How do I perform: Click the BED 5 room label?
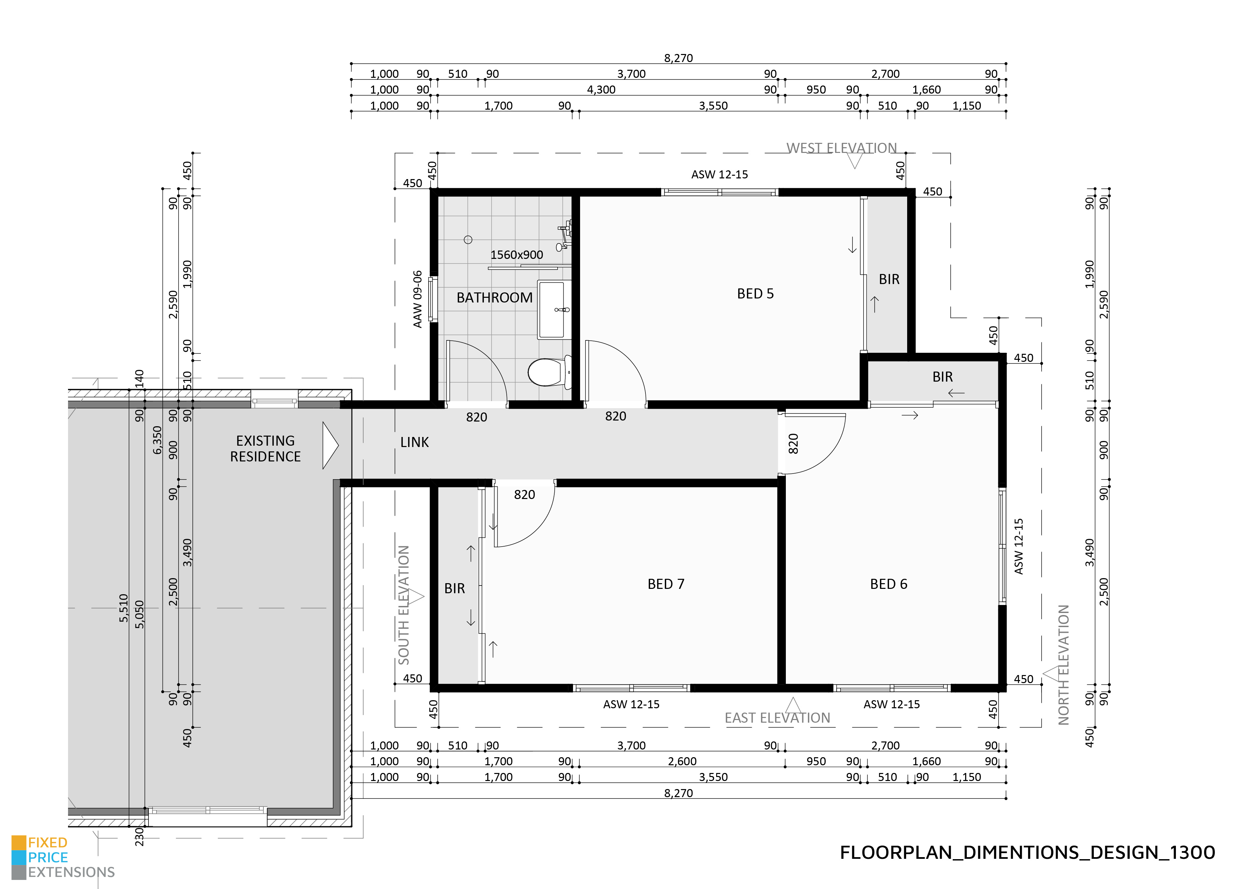(x=755, y=294)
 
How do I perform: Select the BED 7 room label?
(x=665, y=584)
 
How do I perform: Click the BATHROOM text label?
(x=494, y=298)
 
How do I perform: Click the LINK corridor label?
(x=414, y=442)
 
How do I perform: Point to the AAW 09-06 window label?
(x=418, y=299)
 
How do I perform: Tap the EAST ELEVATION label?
(x=777, y=718)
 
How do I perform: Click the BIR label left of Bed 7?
(x=454, y=589)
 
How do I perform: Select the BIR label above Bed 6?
(x=942, y=377)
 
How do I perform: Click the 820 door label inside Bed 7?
(x=524, y=495)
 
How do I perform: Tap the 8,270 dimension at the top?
(x=678, y=58)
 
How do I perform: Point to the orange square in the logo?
(x=19, y=842)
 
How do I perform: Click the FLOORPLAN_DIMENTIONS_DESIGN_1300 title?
(x=1027, y=852)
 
